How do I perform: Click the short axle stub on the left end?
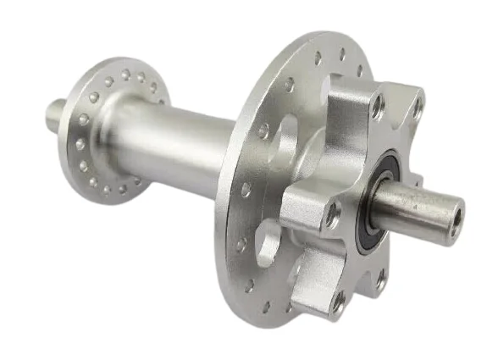pos(55,111)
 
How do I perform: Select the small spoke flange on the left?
pos(102,127)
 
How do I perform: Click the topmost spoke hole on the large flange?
pos(343,54)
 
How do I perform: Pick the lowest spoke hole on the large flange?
pos(266,307)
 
